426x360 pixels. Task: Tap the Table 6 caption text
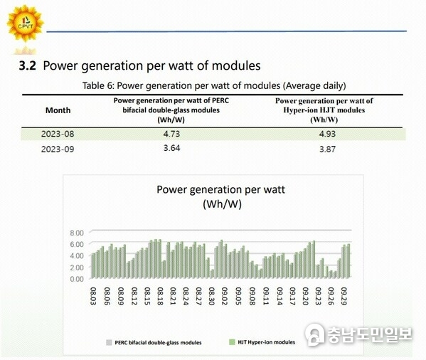213,85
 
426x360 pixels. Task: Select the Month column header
58,110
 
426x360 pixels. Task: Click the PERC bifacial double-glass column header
171,110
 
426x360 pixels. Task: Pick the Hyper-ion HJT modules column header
324,110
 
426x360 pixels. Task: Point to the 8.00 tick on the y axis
77,233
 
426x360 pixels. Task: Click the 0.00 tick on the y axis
77,279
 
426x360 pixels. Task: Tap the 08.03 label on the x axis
93,294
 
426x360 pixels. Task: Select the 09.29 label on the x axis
344,294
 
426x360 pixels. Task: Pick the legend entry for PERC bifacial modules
153,342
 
